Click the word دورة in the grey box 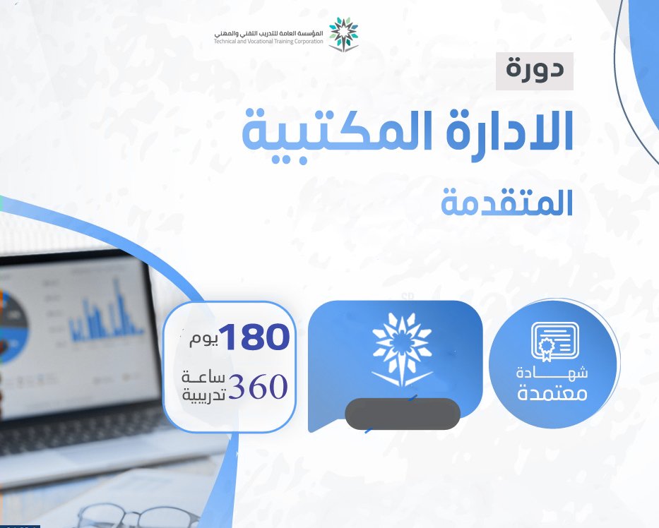pyautogui.click(x=535, y=69)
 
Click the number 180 pyautogui.click(x=254, y=337)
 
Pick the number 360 pyautogui.click(x=258, y=386)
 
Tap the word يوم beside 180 pyautogui.click(x=203, y=340)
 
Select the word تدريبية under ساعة pyautogui.click(x=203, y=395)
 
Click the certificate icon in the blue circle pyautogui.click(x=554, y=341)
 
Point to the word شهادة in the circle pyautogui.click(x=552, y=372)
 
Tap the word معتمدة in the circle pyautogui.click(x=552, y=394)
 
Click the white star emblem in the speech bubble pyautogui.click(x=402, y=349)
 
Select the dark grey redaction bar pyautogui.click(x=403, y=414)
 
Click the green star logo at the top pyautogui.click(x=343, y=34)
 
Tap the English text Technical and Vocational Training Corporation pyautogui.click(x=268, y=42)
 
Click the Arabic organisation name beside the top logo pyautogui.click(x=268, y=32)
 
